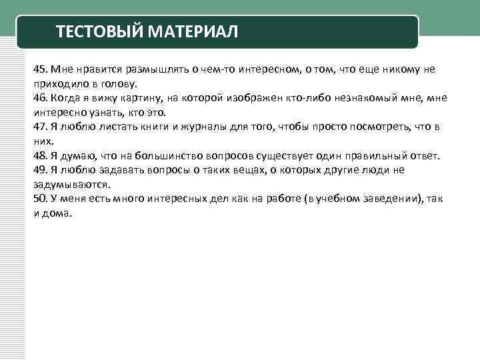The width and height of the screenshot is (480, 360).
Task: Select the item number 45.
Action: pos(40,69)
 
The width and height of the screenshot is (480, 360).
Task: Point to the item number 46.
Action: pos(40,98)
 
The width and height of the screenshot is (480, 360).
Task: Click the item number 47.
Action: pos(40,127)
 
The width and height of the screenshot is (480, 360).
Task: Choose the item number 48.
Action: pos(40,156)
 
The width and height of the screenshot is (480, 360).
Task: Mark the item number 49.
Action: pos(40,170)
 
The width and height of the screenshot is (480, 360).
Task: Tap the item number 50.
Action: pos(40,199)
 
